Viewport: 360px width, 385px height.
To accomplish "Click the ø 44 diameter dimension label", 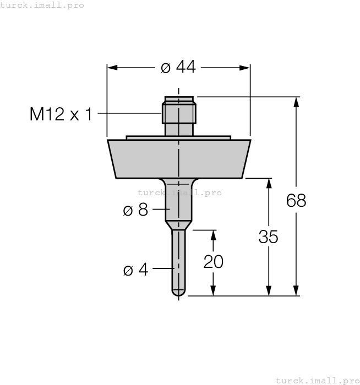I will tap(178, 67).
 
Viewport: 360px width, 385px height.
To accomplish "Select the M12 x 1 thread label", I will tap(61, 114).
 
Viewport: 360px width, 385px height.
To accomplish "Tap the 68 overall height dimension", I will tap(296, 201).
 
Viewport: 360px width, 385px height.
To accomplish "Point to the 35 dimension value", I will tap(268, 237).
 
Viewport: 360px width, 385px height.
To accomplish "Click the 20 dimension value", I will tap(214, 262).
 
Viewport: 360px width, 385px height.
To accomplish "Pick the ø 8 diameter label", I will tap(136, 210).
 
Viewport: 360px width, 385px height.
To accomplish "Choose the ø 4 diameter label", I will tap(136, 270).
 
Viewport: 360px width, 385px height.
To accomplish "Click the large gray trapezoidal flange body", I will tap(179, 159).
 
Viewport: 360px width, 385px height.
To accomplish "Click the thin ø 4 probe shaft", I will tap(179, 258).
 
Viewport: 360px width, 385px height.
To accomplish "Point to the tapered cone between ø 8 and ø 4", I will tap(179, 225).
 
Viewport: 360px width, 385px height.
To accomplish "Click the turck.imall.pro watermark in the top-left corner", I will tap(42, 5).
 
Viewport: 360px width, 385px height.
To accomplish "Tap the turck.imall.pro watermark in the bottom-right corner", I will tap(317, 380).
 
